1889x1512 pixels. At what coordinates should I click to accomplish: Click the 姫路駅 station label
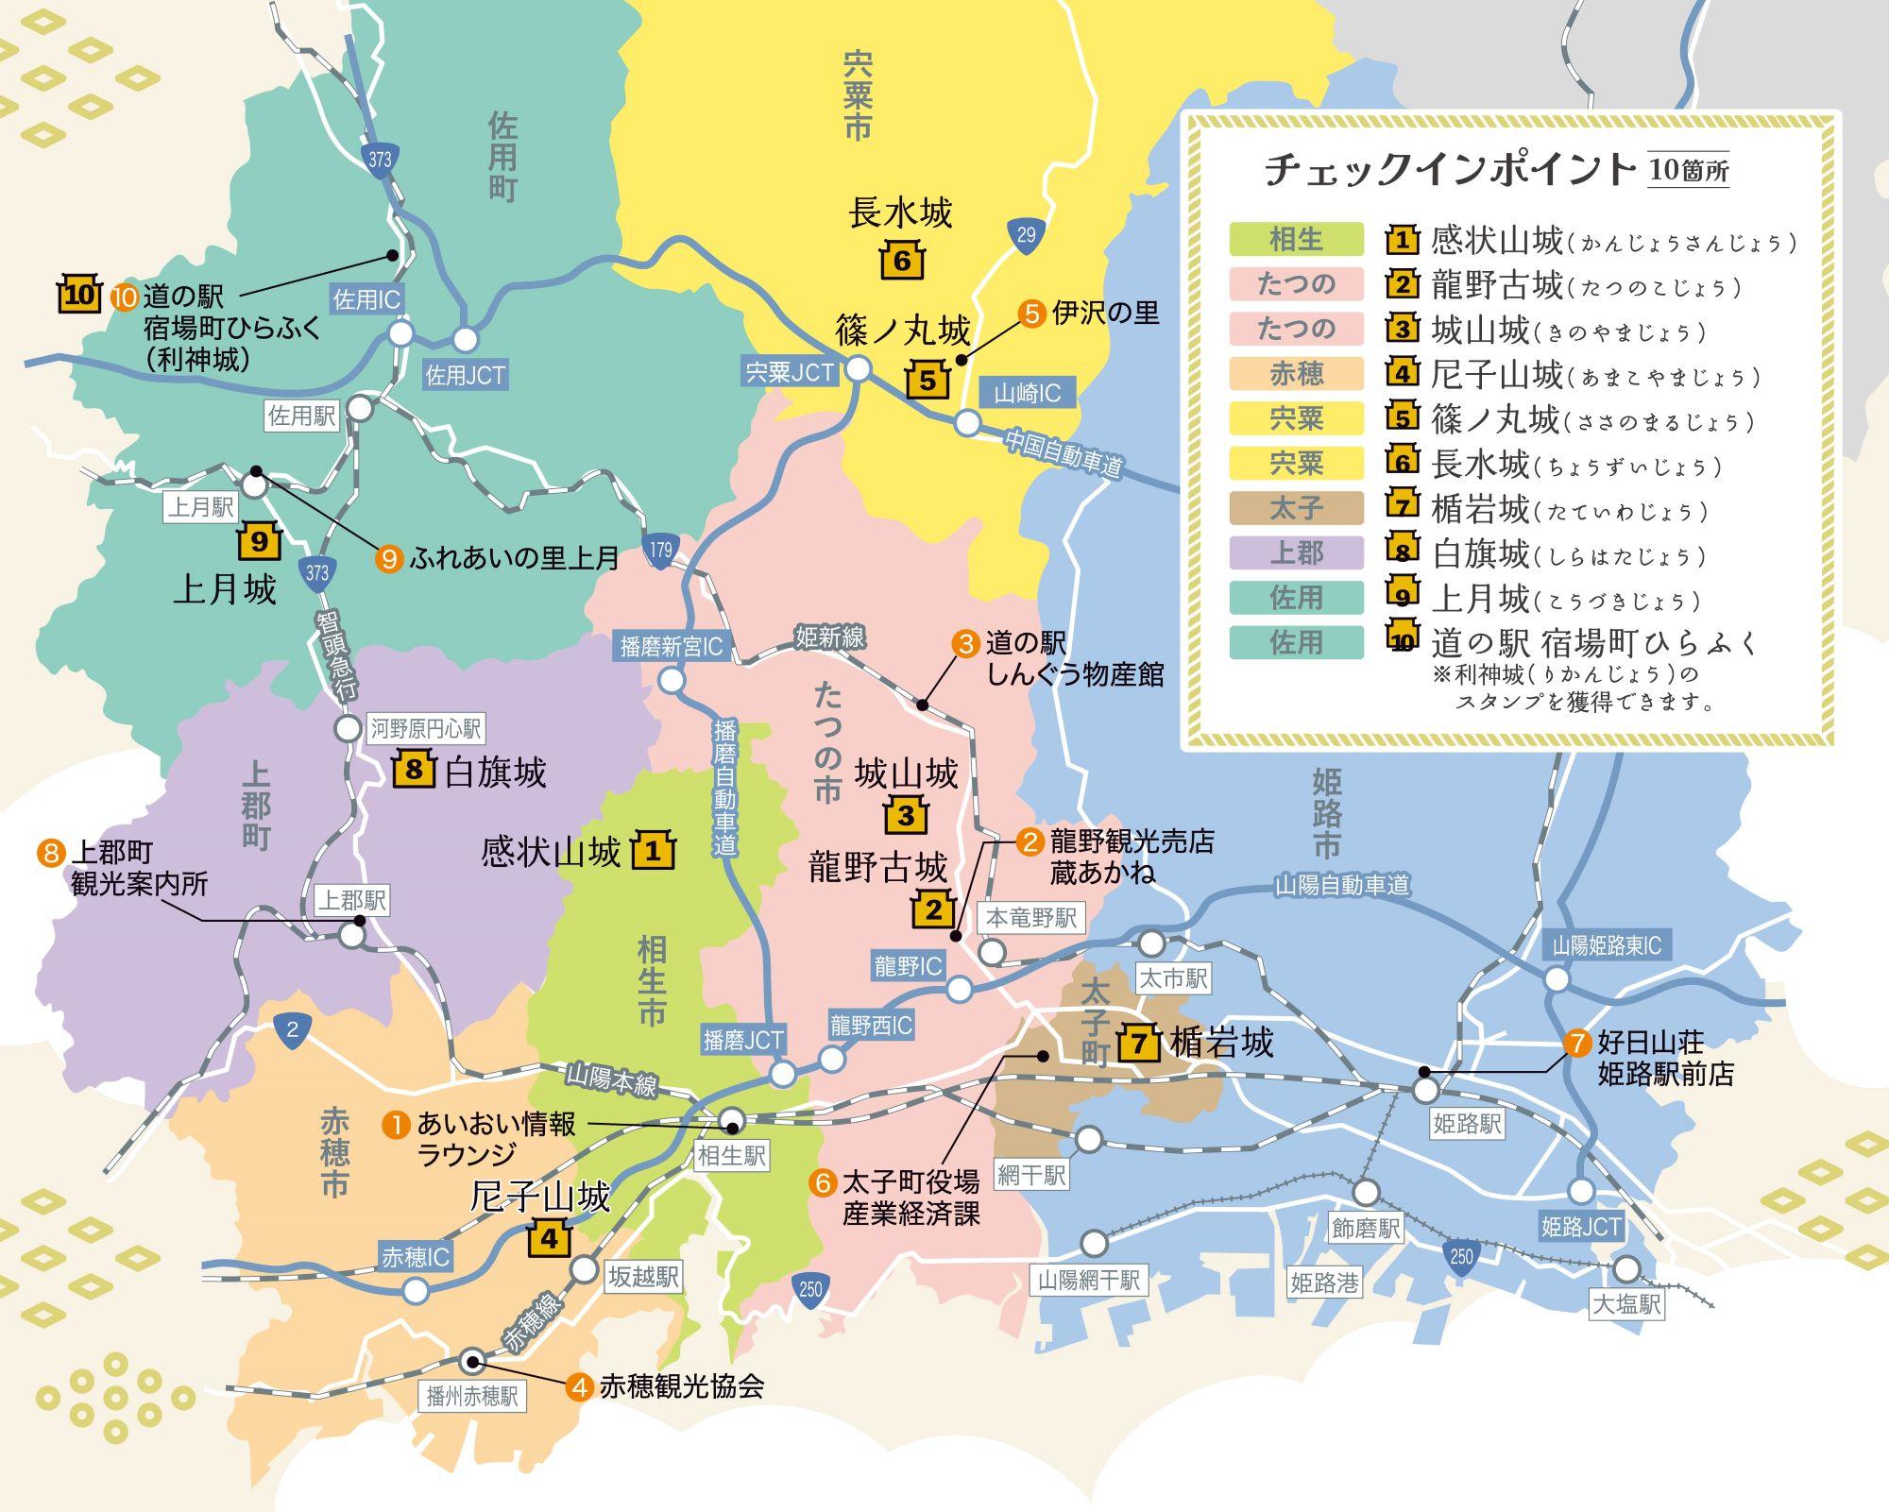pos(1467,1124)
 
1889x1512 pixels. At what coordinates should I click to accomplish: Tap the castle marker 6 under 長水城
pos(902,260)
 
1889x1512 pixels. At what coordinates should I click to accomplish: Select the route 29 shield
pos(1026,234)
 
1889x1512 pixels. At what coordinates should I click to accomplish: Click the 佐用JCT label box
pos(465,375)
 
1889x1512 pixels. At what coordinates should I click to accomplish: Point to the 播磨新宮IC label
pos(671,646)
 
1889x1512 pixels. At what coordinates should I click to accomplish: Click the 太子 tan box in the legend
pos(1296,508)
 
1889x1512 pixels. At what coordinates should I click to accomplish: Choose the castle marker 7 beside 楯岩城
pos(1139,1043)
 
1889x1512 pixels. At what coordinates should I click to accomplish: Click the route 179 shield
pos(660,550)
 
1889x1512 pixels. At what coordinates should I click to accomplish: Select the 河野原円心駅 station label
pos(425,728)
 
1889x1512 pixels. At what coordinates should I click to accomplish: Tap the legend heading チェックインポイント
pos(1450,170)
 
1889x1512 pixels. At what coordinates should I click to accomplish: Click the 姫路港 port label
pos(1324,1282)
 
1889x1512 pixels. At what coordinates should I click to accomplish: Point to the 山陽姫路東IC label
pos(1607,945)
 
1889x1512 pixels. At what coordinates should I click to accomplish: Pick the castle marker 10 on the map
pos(78,295)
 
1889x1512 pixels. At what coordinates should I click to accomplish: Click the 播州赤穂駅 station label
pos(472,1396)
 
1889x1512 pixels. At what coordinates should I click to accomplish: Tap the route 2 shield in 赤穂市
pos(292,1030)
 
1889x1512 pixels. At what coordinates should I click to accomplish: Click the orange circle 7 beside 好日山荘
pos(1577,1043)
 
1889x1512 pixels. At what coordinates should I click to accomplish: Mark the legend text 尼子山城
pos(1497,376)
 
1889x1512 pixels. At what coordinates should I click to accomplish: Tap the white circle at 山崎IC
pos(967,422)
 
